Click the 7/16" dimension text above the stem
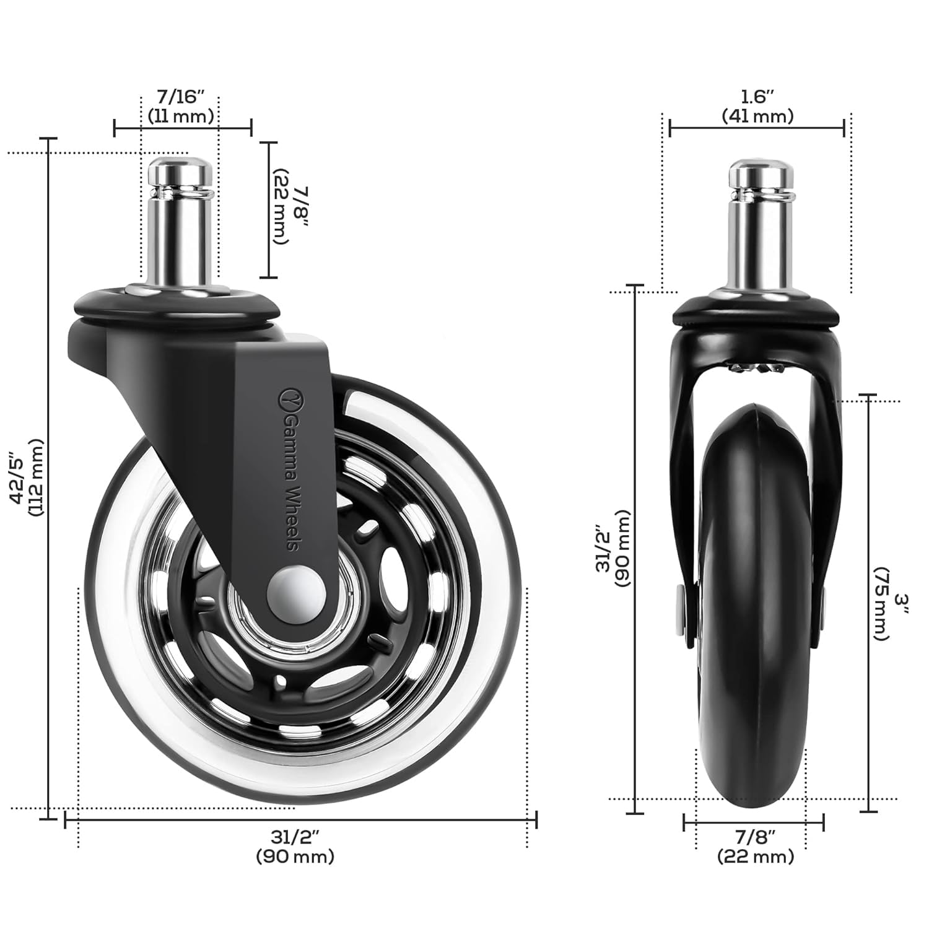pos(180,97)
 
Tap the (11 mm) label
pos(181,116)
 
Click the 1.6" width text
pos(757,97)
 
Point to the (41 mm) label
pos(757,116)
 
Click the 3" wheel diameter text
pos(902,604)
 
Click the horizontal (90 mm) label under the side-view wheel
pos(295,857)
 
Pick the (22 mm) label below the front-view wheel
pos(755,857)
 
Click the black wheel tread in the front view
pos(755,619)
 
